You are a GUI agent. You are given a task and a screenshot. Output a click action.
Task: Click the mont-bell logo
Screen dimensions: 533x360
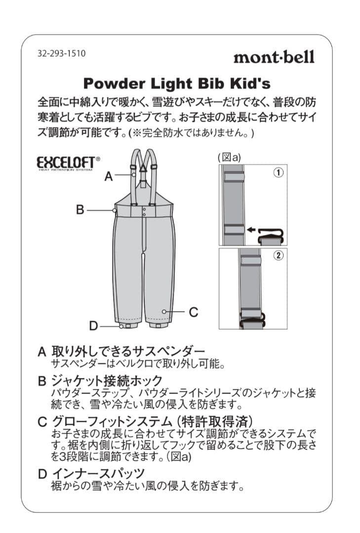click(x=274, y=57)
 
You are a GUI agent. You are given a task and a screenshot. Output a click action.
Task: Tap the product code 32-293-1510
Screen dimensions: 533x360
click(x=61, y=53)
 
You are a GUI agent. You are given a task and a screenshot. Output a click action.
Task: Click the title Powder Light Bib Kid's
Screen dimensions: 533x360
click(x=176, y=82)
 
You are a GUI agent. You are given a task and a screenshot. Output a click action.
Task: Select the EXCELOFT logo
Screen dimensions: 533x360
click(x=68, y=162)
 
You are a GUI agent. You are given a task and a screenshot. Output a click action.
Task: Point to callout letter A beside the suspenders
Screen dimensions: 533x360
click(x=109, y=176)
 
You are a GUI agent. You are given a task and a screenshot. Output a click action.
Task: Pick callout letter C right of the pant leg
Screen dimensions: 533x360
click(x=194, y=312)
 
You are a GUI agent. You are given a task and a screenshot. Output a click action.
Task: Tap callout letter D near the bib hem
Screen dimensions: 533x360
click(x=94, y=326)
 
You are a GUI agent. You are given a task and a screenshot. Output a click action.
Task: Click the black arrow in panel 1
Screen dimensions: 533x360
click(x=251, y=229)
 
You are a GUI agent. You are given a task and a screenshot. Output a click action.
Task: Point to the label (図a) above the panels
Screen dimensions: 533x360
click(x=229, y=157)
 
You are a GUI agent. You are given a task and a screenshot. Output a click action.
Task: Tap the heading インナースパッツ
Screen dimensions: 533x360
click(x=98, y=473)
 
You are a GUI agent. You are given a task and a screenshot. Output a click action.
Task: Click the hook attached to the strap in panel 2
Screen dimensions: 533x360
click(x=253, y=322)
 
